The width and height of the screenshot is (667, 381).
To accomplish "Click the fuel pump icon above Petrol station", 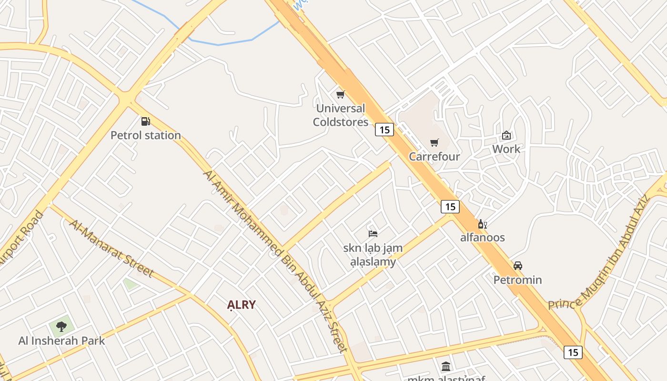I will coord(145,121).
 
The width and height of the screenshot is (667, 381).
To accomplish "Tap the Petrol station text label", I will coord(146,135).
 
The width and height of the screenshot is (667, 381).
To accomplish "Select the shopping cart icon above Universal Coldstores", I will coord(340,95).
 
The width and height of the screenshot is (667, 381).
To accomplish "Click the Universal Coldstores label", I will coord(341,115).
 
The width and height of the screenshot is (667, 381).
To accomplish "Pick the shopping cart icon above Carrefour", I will coord(434,143).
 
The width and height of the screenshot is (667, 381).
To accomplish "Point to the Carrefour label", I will coord(435,157).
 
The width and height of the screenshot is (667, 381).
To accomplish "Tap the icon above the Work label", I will coord(506,135).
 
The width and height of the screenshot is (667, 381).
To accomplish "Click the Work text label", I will coord(506,149).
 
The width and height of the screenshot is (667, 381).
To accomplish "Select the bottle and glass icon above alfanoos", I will coord(482,224).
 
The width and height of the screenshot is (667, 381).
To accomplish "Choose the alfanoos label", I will coord(482,237).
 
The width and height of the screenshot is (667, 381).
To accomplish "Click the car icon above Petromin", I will coord(518,266).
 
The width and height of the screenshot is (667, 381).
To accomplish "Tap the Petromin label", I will coord(517,280).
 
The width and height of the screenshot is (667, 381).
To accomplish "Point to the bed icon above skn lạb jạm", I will coord(373,233).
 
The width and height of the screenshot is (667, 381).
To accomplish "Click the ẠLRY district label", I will coord(242,305).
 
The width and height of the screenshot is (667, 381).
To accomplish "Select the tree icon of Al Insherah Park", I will coord(61,327).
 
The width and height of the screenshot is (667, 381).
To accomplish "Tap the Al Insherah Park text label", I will coord(61,341).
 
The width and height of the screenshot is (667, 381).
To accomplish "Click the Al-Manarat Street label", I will coord(112,248).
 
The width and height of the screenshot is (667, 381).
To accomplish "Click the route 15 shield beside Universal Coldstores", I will coord(384,129).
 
